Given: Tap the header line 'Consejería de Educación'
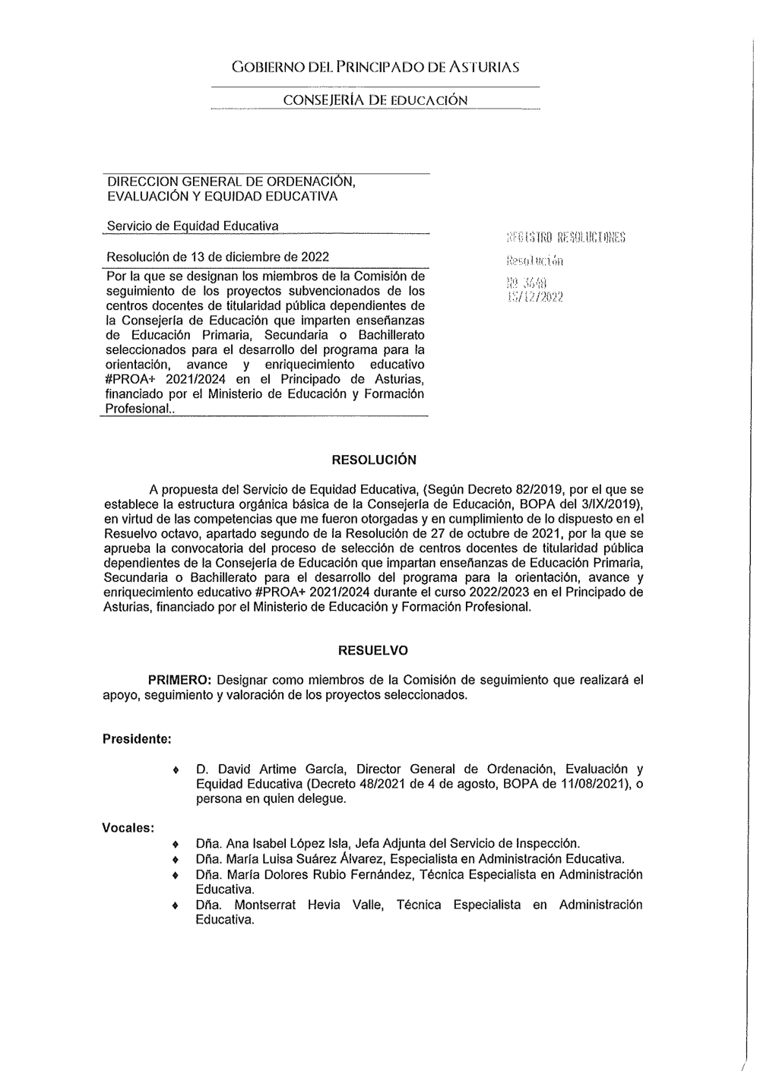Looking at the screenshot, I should tap(375, 100).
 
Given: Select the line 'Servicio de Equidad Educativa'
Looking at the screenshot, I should tap(192, 226).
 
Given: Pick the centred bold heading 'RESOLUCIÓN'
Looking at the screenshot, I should tap(374, 460).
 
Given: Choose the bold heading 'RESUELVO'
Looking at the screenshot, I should tap(372, 651).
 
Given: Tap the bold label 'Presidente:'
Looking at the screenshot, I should tap(137, 739).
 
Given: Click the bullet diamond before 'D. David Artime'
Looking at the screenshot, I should tap(176, 770).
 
